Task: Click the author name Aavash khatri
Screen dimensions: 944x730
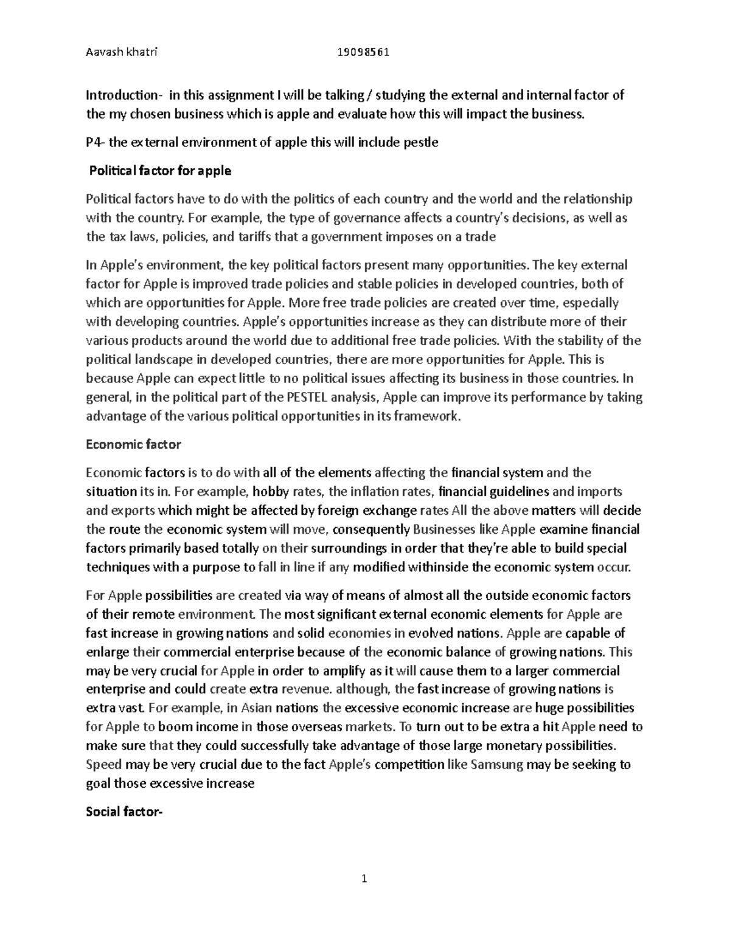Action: [x=121, y=52]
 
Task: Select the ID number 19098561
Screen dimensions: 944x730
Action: [x=363, y=52]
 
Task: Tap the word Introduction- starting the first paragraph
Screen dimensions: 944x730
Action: [x=124, y=95]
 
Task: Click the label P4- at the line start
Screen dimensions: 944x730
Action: [x=96, y=142]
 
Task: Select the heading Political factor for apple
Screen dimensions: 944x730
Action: [x=160, y=171]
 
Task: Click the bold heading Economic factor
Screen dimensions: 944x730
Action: [x=133, y=444]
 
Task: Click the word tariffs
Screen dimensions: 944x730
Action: [x=229, y=236]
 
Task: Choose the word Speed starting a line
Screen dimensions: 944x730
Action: [x=104, y=765]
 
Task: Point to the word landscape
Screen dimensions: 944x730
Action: [x=160, y=359]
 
